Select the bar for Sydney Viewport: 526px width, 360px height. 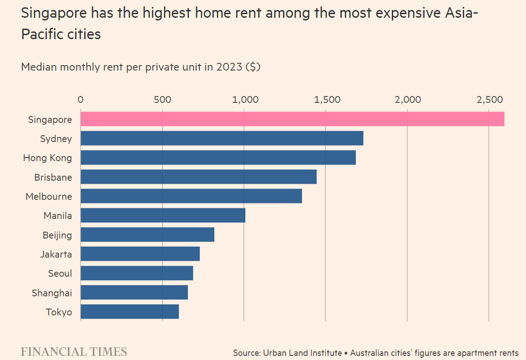click(x=222, y=138)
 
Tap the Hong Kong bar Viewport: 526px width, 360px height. click(x=218, y=157)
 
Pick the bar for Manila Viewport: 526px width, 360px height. click(x=163, y=215)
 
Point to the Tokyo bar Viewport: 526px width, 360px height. click(x=130, y=312)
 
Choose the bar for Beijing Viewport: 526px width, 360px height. click(x=147, y=235)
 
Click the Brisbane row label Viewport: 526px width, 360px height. click(x=53, y=177)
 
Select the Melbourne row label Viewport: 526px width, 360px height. click(x=49, y=197)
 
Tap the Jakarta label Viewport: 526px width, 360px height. click(x=56, y=254)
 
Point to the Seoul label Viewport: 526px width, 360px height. click(x=60, y=274)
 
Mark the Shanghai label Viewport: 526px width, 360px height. click(x=52, y=293)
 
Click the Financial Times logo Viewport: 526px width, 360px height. click(x=74, y=351)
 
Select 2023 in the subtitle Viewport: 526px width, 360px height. click(x=230, y=67)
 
